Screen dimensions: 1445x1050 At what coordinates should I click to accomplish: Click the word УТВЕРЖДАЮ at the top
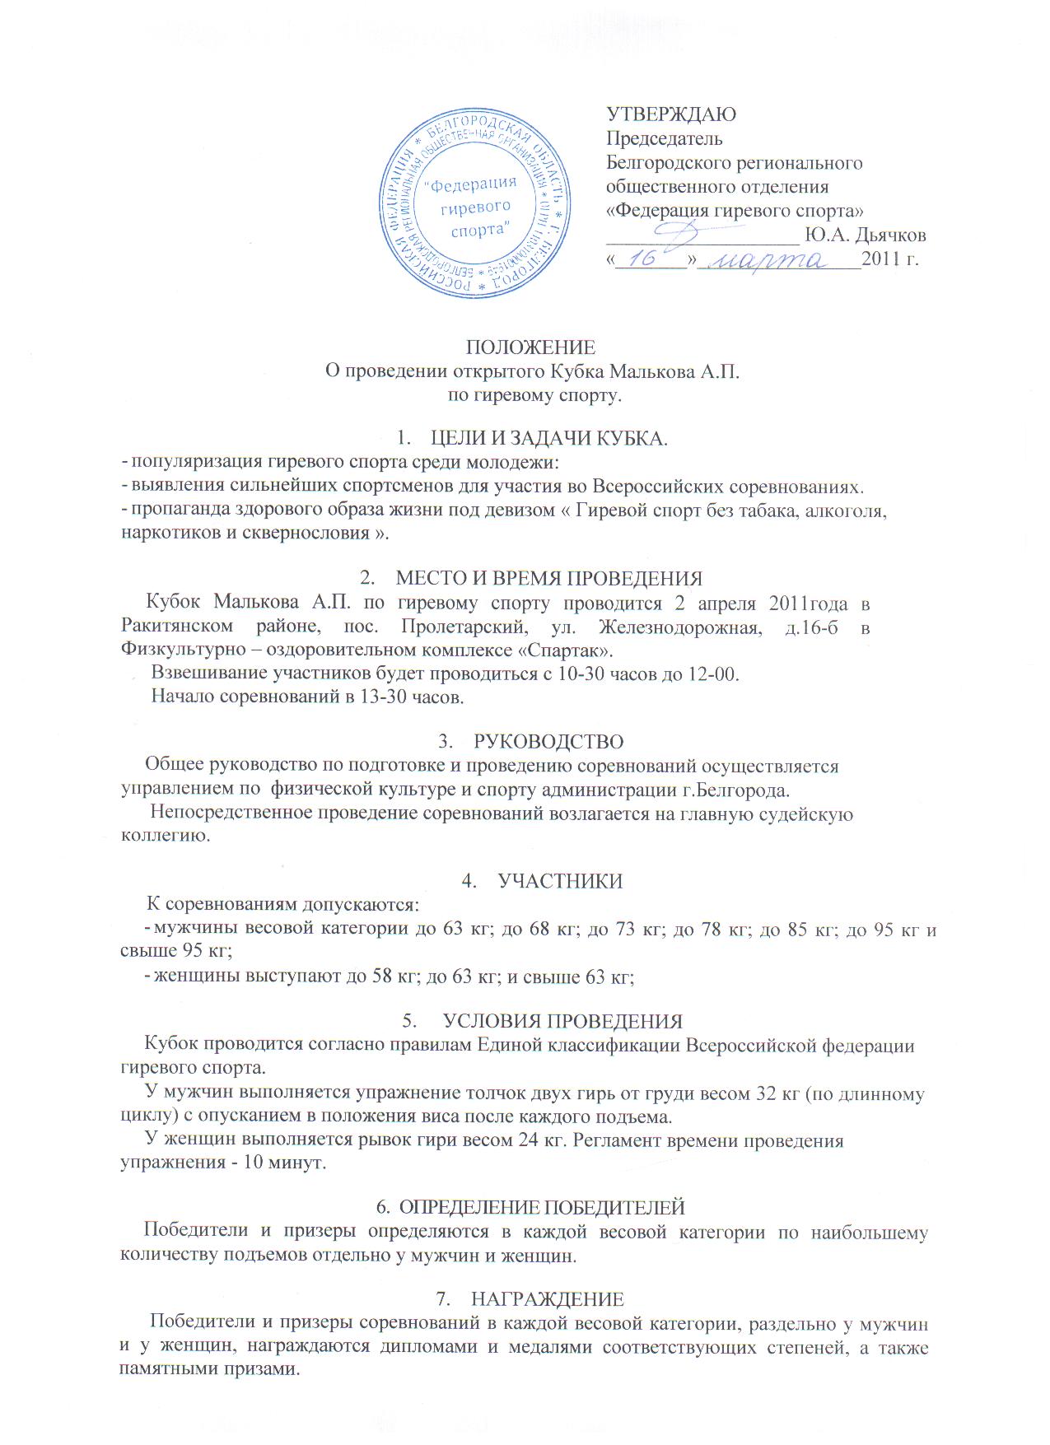click(671, 114)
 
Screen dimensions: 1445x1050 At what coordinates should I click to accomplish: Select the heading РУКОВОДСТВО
click(549, 742)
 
